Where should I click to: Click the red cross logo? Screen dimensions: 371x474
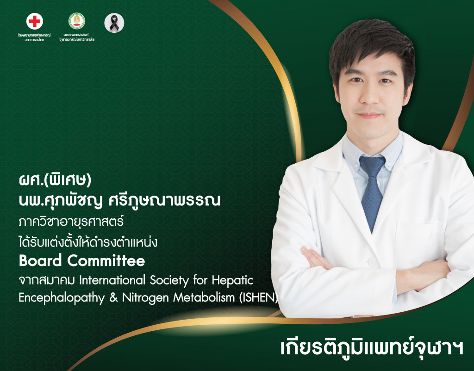coord(35,21)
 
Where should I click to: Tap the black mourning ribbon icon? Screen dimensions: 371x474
coord(114,23)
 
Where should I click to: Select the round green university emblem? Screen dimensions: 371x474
coord(76,21)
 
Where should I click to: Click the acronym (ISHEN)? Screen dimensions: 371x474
coord(258,298)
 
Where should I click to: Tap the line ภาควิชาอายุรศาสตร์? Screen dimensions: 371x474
coord(72,222)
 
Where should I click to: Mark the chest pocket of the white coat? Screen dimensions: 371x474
coord(419,241)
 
